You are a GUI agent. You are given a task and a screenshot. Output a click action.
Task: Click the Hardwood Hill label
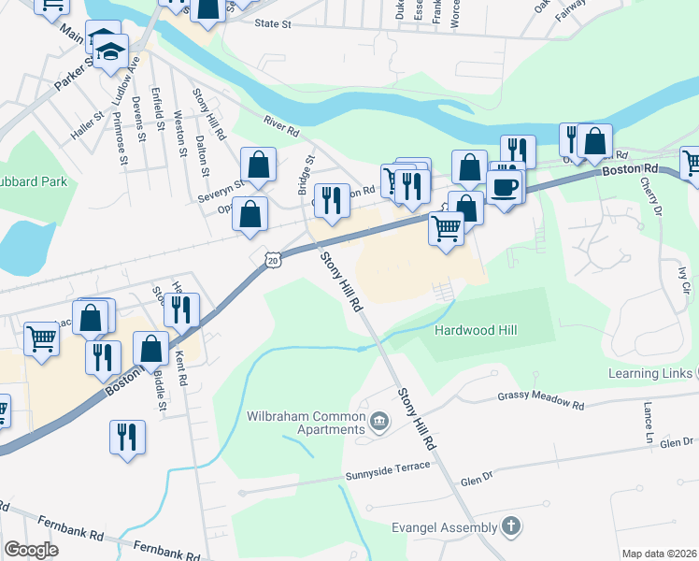pos(475,330)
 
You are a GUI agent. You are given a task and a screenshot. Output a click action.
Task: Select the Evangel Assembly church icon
pos(510,526)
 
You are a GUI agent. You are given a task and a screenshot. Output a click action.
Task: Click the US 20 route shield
pos(272,261)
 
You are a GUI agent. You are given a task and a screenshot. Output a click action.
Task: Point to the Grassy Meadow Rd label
pos(540,401)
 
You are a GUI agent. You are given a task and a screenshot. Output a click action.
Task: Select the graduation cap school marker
pos(112,49)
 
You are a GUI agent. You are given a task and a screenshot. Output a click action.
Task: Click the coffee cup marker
pos(505,185)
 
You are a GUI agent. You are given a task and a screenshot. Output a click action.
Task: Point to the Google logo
pos(32,550)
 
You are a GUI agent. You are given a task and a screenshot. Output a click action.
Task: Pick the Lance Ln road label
pos(648,423)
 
